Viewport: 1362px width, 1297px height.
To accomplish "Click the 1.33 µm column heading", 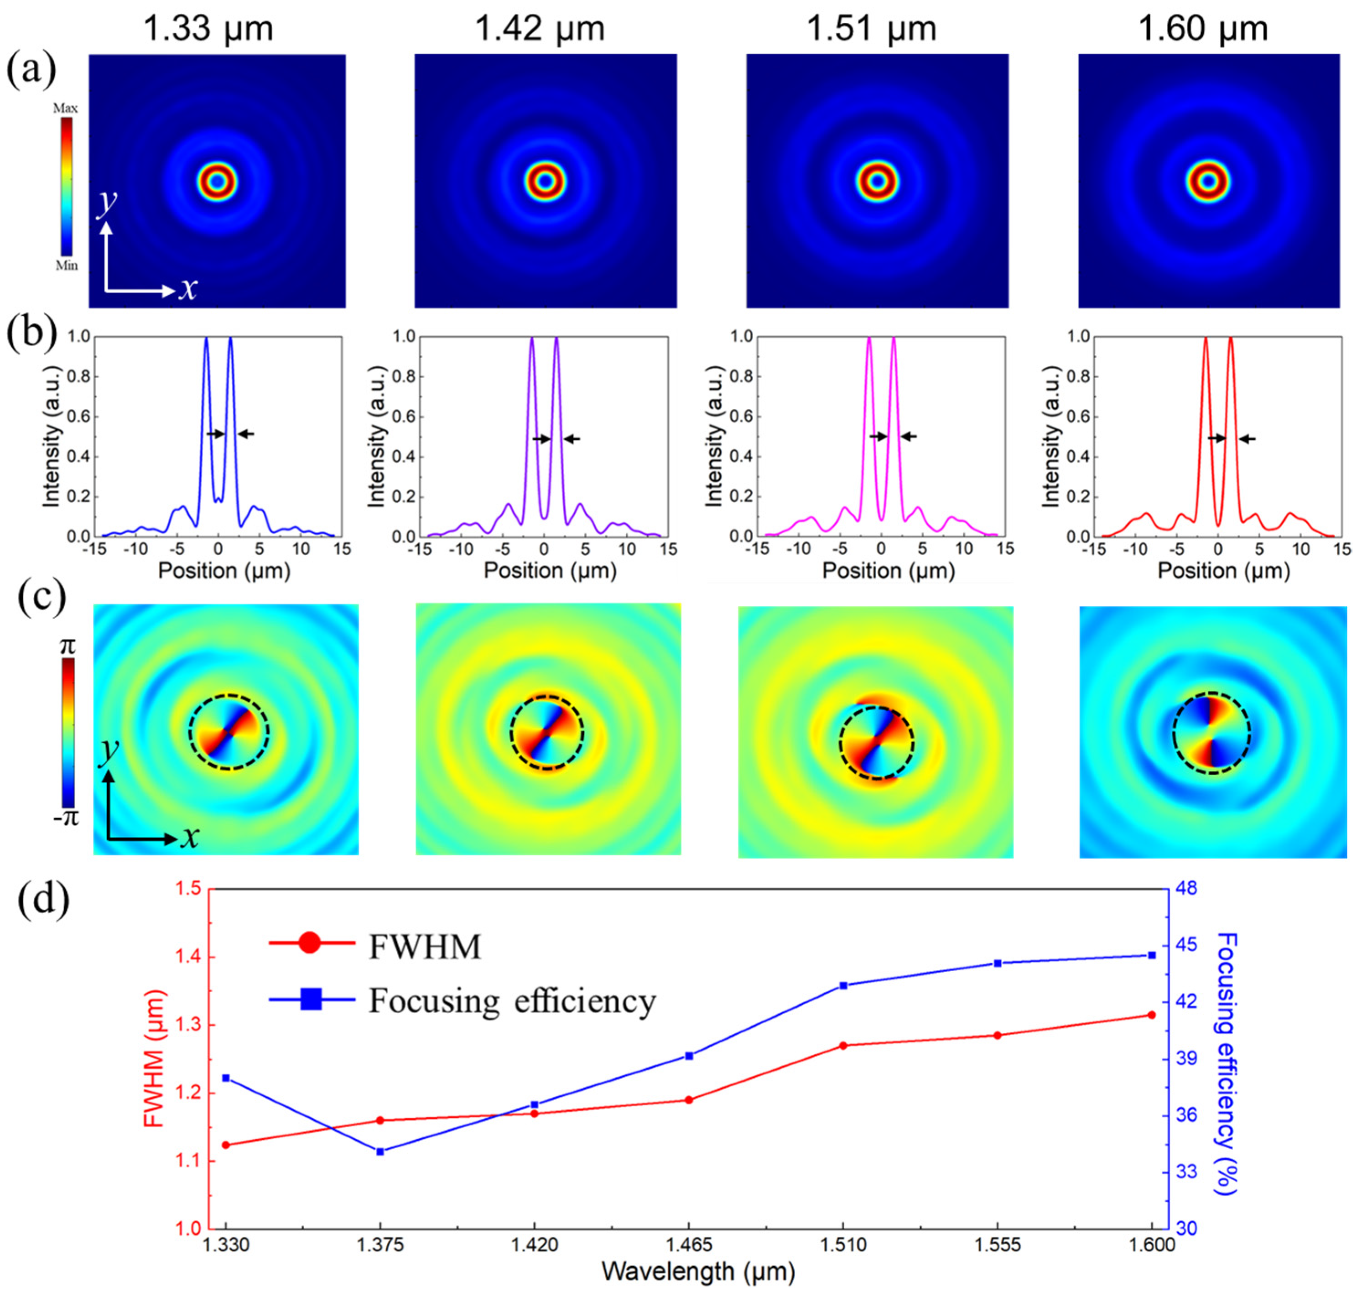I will (x=208, y=29).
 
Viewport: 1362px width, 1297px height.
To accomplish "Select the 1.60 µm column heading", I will (x=1202, y=29).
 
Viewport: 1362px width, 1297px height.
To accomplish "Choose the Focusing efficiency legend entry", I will (x=512, y=1000).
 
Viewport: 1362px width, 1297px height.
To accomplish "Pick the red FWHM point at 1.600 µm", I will (x=1152, y=1015).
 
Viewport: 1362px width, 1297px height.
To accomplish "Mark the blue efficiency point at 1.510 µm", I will (x=843, y=985).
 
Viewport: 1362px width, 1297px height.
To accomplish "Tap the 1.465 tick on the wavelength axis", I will (x=689, y=1245).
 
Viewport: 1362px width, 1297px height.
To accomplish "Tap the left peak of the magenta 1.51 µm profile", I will (x=869, y=338).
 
